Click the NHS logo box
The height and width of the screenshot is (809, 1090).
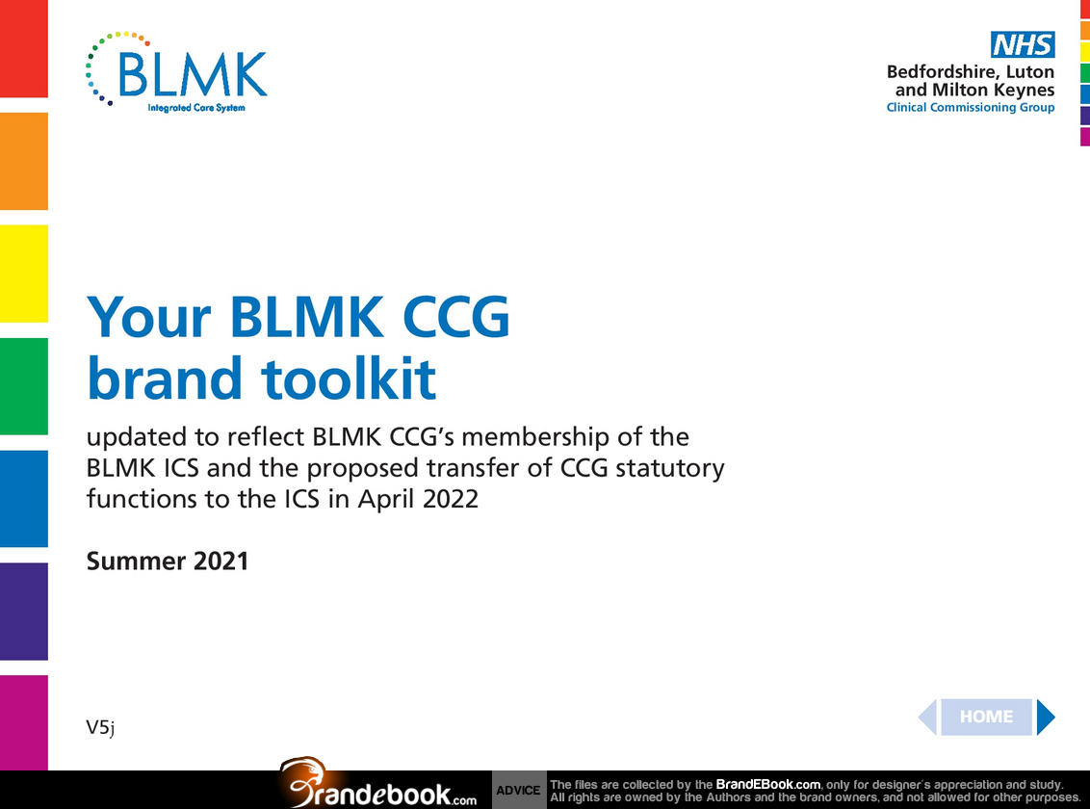click(x=1023, y=44)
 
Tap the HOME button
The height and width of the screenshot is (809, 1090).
click(x=986, y=717)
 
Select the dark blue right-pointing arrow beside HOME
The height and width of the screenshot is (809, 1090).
click(x=1046, y=717)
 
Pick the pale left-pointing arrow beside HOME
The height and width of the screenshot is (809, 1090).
click(x=927, y=717)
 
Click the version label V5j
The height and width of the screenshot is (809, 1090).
click(x=100, y=728)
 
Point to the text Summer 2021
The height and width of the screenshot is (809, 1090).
click(x=167, y=561)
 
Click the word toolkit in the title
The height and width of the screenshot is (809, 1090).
click(x=349, y=378)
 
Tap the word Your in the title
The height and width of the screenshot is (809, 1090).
click(x=148, y=317)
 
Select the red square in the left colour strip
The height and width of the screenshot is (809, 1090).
click(x=24, y=49)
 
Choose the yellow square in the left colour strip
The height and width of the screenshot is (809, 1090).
click(x=24, y=274)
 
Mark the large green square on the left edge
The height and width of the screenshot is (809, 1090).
click(x=24, y=386)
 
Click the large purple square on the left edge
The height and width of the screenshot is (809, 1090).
click(x=24, y=611)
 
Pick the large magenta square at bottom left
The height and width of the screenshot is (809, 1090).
click(x=24, y=722)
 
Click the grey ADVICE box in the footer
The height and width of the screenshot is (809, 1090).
click(x=519, y=790)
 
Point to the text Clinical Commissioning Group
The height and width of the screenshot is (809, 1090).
click(x=971, y=108)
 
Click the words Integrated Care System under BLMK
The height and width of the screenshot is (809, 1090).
click(x=196, y=108)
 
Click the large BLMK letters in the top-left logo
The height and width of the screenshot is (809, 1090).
click(x=193, y=73)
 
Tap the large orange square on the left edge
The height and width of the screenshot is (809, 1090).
click(x=24, y=161)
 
